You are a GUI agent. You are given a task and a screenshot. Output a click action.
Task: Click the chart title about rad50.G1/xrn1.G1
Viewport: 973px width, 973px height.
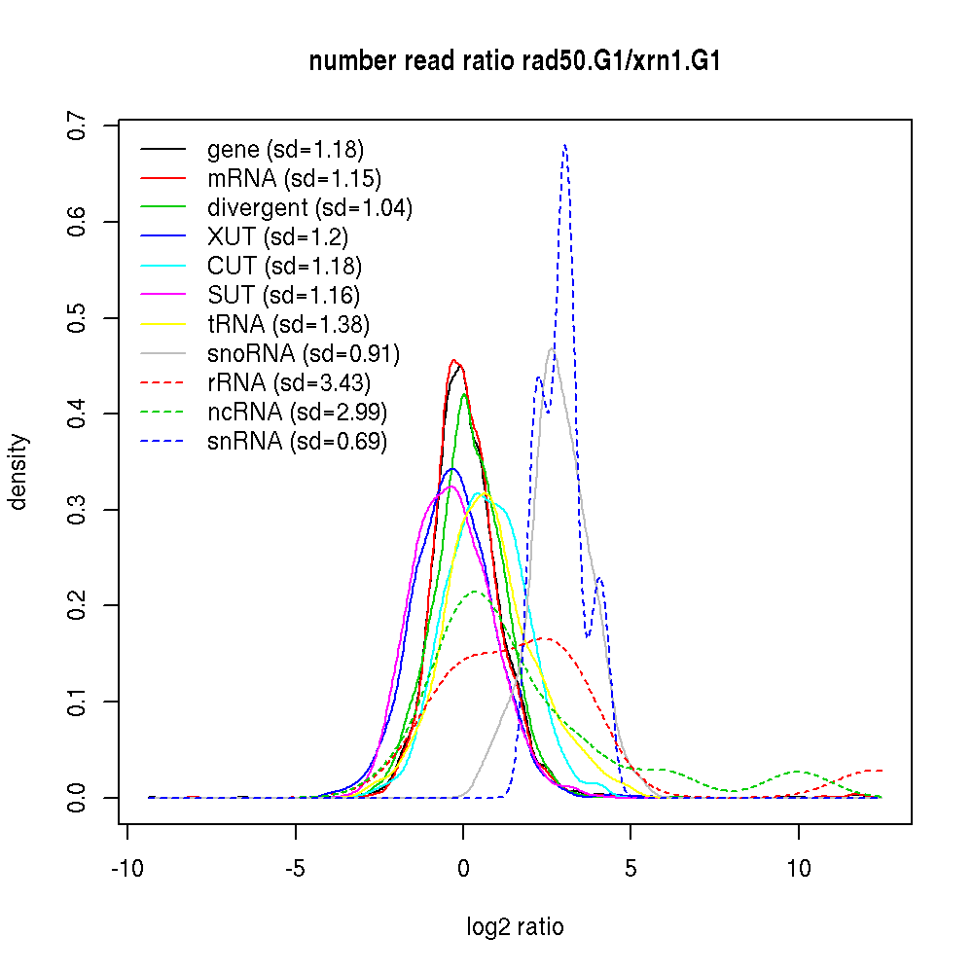coord(515,62)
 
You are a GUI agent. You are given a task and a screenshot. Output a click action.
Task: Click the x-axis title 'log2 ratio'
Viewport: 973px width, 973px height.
coord(515,926)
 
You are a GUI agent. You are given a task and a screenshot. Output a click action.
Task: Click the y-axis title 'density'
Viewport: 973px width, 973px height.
coord(18,471)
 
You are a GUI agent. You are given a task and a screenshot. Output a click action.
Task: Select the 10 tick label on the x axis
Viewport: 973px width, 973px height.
coord(799,868)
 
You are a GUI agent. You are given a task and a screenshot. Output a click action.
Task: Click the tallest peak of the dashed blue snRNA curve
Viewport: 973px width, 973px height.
coord(564,146)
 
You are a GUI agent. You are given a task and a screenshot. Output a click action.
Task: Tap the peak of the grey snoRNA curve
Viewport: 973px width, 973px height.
coord(553,348)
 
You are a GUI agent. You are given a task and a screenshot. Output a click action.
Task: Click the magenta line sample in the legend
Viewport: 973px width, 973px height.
coord(162,295)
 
